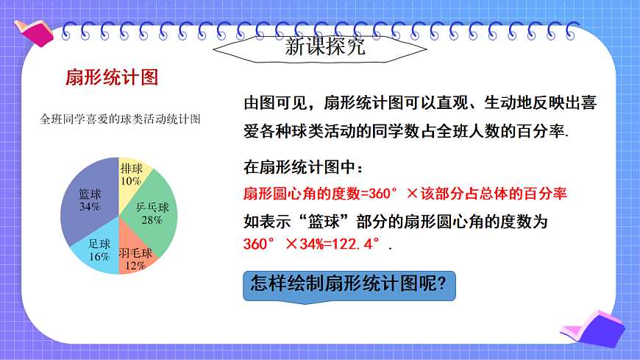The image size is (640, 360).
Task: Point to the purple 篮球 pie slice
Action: pyautogui.click(x=88, y=202)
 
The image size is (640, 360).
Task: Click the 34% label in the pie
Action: pyautogui.click(x=89, y=207)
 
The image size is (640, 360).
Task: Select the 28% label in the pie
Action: pyautogui.click(x=152, y=219)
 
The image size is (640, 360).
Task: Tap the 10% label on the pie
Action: pyautogui.click(x=131, y=180)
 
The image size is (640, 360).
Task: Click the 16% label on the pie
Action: pyautogui.click(x=99, y=257)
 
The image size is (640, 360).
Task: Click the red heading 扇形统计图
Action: pyautogui.click(x=112, y=77)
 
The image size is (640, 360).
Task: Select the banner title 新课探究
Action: pyautogui.click(x=324, y=49)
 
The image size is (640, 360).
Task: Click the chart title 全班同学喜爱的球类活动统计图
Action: pyautogui.click(x=121, y=119)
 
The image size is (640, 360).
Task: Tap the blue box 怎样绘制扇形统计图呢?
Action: pyautogui.click(x=349, y=285)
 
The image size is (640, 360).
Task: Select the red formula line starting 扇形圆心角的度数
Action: pyautogui.click(x=405, y=194)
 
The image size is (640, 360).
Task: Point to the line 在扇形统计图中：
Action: pyautogui.click(x=302, y=168)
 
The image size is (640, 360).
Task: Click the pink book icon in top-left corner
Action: pyautogui.click(x=34, y=30)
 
